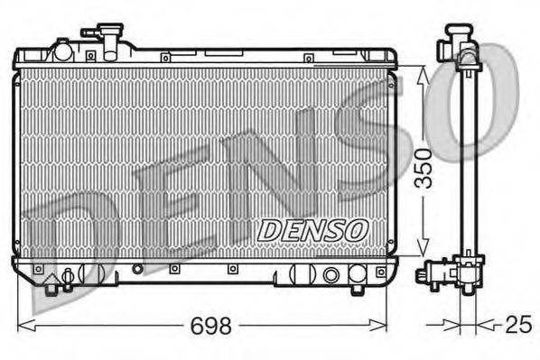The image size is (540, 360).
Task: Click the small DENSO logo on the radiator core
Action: tap(312, 230)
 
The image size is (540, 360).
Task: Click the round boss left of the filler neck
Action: tap(62, 50)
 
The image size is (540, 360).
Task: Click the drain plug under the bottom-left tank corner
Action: tap(52, 285)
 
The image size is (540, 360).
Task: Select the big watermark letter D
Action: tap(68, 239)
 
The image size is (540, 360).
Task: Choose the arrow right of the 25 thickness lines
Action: tap(486, 323)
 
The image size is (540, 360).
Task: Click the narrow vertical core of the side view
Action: tap(466, 162)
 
